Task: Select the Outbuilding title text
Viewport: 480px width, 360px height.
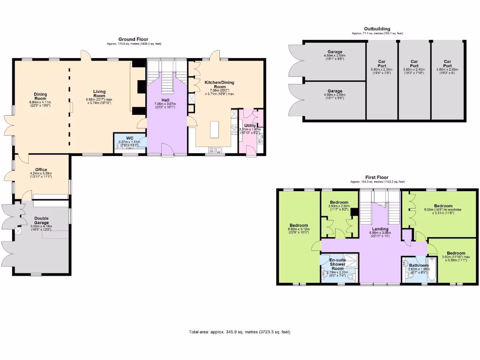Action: pos(377,29)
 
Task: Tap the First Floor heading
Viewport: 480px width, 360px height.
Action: pos(377,177)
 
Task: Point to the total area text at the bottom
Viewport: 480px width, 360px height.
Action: pos(240,332)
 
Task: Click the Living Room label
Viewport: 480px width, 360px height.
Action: pos(99,94)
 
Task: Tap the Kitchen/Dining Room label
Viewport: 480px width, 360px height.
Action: pos(219,85)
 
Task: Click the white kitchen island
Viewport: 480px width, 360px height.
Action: pos(214,129)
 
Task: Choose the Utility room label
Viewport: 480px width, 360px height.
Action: pos(250,126)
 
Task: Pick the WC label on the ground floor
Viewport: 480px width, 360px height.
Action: pos(129,138)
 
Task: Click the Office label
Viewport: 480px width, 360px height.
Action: pos(41,170)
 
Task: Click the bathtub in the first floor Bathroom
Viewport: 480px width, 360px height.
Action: pos(431,270)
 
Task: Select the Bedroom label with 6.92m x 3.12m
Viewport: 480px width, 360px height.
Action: pos(298,225)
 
